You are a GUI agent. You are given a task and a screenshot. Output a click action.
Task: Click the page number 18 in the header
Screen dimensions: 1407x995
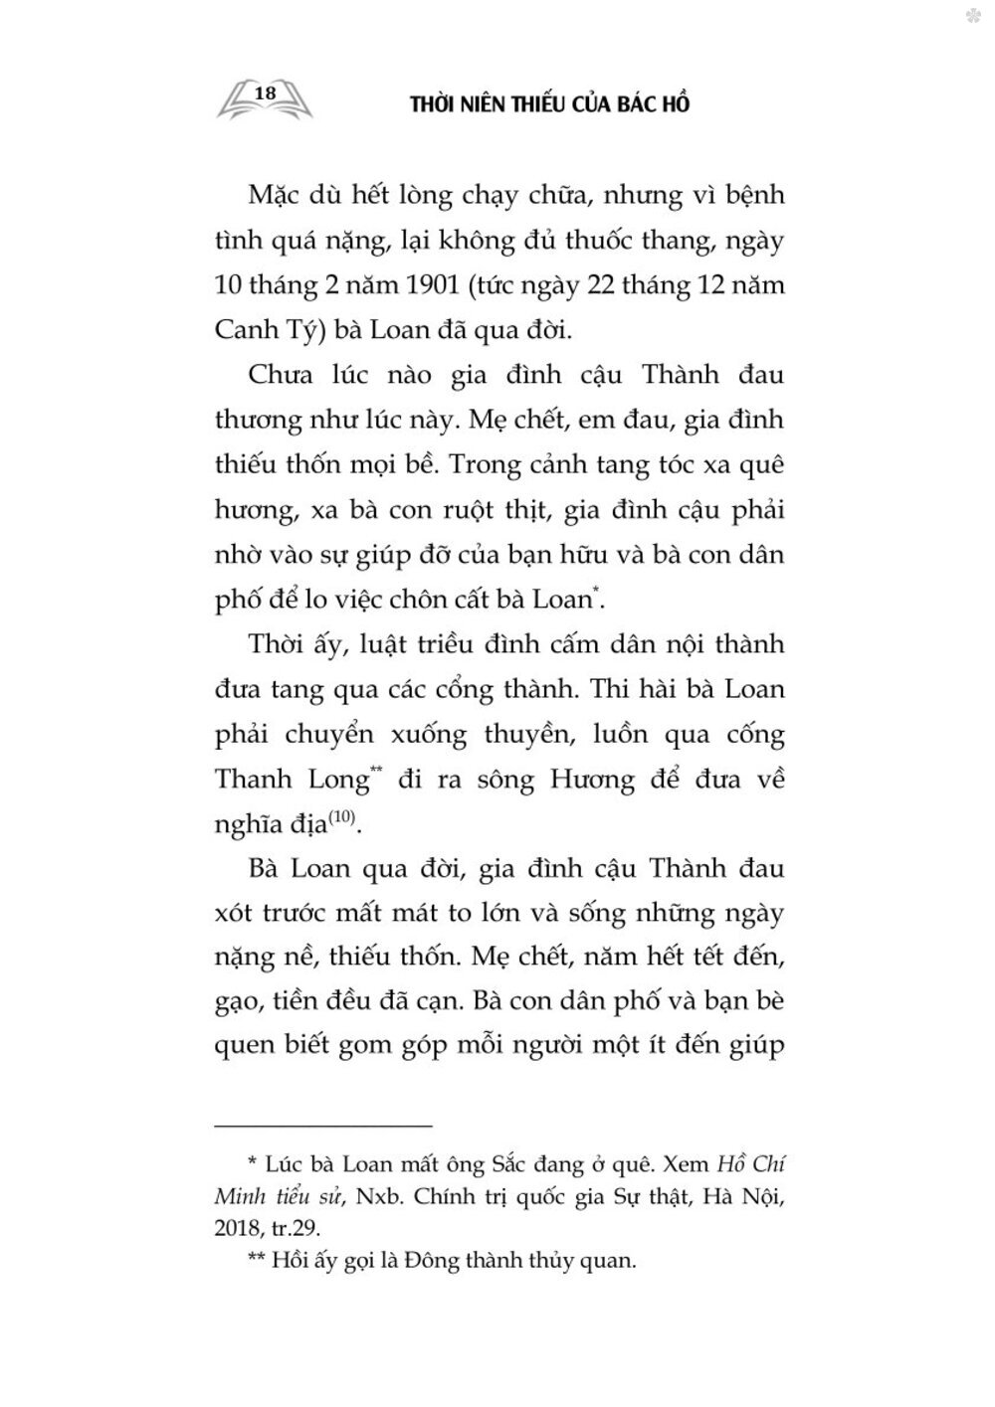click(265, 92)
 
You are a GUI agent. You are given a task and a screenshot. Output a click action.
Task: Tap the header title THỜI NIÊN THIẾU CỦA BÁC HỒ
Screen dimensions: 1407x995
click(550, 104)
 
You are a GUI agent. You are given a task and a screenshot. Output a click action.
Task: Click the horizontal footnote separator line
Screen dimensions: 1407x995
click(323, 1126)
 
